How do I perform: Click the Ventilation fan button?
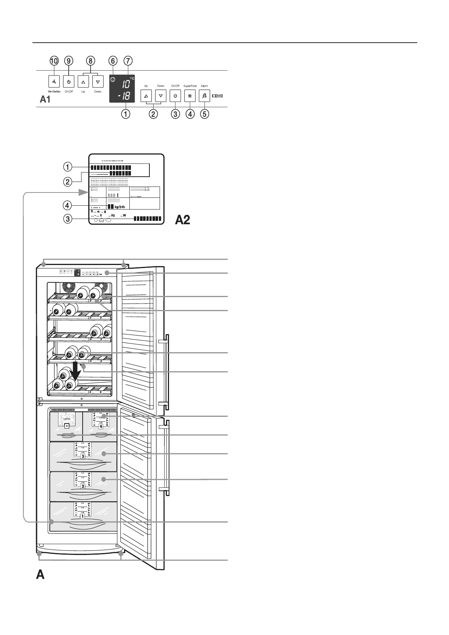pos(54,82)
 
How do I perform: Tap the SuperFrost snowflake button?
pos(190,96)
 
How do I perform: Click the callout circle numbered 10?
pos(54,61)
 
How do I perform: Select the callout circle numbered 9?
pos(69,61)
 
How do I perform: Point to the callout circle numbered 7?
pos(128,61)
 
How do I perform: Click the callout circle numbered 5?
pos(204,114)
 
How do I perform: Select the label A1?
pos(45,100)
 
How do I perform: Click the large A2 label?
pos(182,220)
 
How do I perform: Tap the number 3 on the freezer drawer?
pos(83,456)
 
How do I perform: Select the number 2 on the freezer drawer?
pos(83,486)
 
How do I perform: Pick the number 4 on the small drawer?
pos(100,427)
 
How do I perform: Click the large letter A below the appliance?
pos(40,575)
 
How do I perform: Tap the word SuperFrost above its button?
pos(190,86)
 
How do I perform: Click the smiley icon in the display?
pos(112,79)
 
